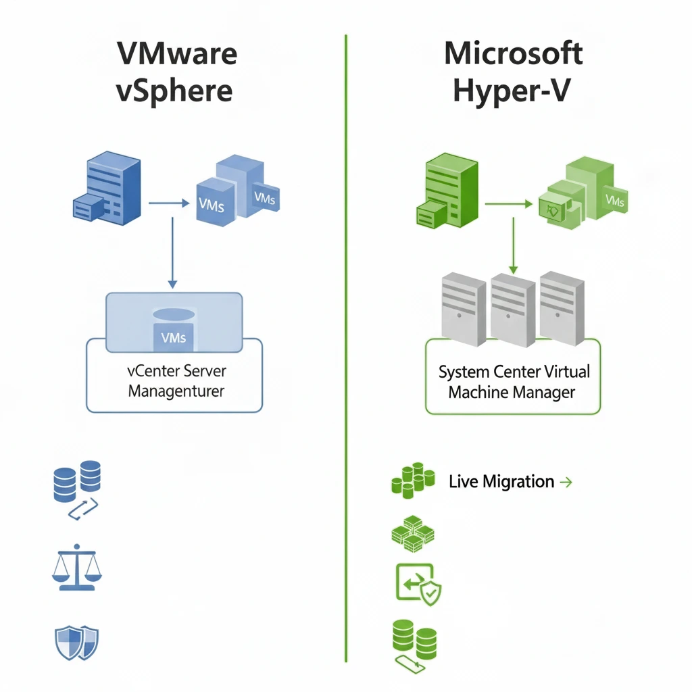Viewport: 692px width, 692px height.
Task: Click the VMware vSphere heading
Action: click(177, 72)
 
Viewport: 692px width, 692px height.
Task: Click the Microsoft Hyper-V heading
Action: click(514, 72)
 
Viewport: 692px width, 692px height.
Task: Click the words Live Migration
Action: click(501, 482)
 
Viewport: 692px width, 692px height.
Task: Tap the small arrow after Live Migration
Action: click(566, 482)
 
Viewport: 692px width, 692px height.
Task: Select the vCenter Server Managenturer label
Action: click(176, 381)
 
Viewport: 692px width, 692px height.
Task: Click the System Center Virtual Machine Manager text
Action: click(514, 381)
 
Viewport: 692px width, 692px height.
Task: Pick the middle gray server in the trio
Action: click(513, 309)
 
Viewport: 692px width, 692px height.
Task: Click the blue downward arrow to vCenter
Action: click(172, 250)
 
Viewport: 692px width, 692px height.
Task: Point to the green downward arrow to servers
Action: click(513, 243)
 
